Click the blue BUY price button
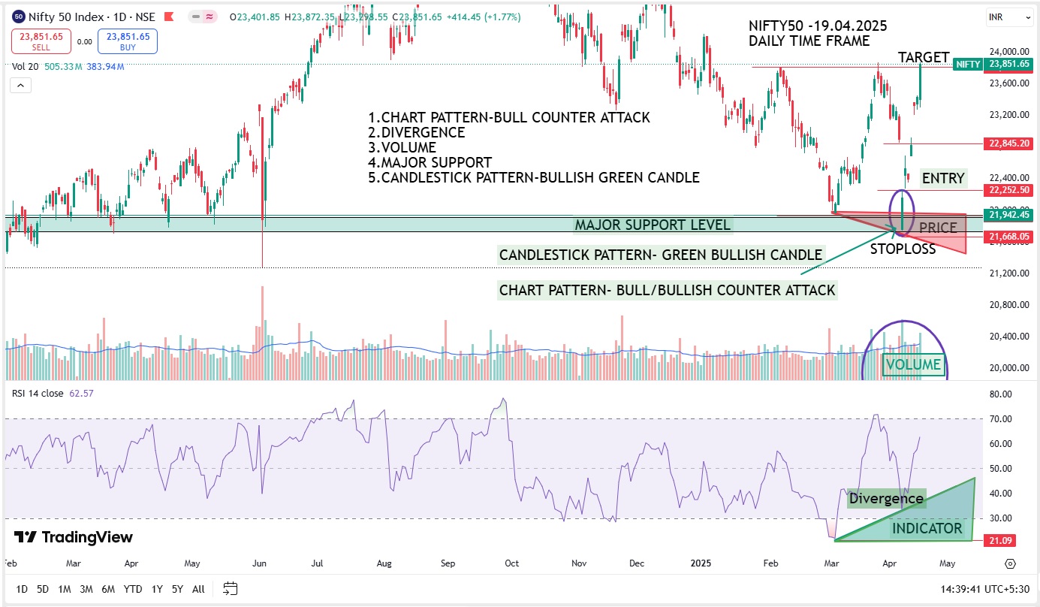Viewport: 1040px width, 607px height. pyautogui.click(x=128, y=41)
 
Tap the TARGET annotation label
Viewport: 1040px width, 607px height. pyautogui.click(x=924, y=58)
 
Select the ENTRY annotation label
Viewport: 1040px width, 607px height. pyautogui.click(x=943, y=178)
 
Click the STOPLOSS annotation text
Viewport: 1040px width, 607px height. pyautogui.click(x=903, y=249)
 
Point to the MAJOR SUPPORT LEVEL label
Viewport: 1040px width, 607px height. pyautogui.click(x=652, y=225)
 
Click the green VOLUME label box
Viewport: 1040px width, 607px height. pyautogui.click(x=912, y=365)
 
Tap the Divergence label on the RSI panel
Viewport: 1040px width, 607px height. pyautogui.click(x=886, y=498)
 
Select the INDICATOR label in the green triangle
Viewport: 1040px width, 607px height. pyautogui.click(x=927, y=528)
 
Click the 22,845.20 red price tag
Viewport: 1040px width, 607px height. pyautogui.click(x=1009, y=143)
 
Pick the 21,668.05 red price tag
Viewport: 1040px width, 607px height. pyautogui.click(x=1009, y=237)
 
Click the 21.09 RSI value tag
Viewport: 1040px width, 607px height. pyautogui.click(x=1002, y=539)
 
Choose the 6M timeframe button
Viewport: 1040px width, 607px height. pyautogui.click(x=107, y=589)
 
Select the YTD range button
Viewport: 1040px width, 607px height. pyautogui.click(x=133, y=589)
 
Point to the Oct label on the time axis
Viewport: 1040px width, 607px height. pyautogui.click(x=512, y=563)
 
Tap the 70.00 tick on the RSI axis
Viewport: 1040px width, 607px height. pyautogui.click(x=1002, y=418)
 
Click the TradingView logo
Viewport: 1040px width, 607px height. pyautogui.click(x=74, y=537)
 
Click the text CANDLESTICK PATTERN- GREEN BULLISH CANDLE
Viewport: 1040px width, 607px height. pyautogui.click(x=661, y=255)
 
